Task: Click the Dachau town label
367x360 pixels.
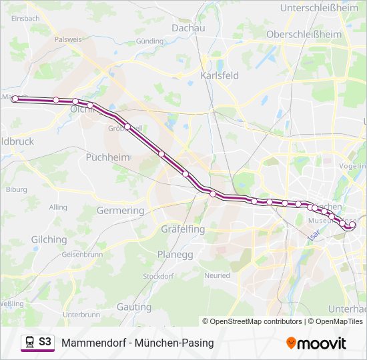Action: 188,28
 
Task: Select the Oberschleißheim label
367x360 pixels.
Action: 304,34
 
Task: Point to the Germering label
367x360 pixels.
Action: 120,211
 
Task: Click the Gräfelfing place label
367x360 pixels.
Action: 182,229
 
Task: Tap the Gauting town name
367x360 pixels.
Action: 134,307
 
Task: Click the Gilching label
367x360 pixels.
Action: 49,239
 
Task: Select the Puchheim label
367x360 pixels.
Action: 107,157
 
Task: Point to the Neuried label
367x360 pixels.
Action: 217,275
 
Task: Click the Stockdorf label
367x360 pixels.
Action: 158,276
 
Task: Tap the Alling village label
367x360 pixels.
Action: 58,207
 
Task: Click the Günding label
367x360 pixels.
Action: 149,41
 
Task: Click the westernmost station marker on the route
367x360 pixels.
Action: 15,99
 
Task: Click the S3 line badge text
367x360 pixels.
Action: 45,342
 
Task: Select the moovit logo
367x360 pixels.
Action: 316,343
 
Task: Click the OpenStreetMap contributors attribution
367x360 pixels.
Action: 256,321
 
